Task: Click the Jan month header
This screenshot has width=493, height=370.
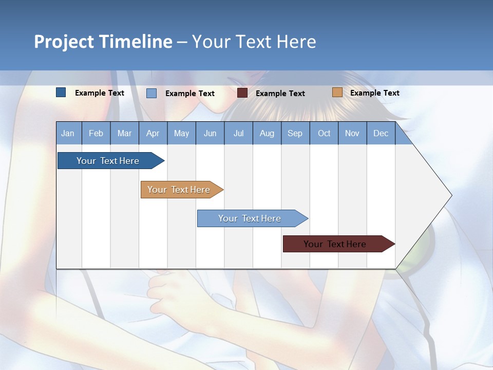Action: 68,134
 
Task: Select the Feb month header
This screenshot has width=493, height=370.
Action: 96,134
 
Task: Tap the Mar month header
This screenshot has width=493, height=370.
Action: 124,134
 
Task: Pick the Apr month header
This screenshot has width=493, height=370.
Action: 153,134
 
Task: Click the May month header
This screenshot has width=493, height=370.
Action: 181,134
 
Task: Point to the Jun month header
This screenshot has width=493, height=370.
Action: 210,134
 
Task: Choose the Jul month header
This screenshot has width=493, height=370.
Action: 238,134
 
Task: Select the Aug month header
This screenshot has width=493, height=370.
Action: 267,134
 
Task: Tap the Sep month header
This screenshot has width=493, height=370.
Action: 295,134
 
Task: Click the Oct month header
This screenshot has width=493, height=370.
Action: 324,134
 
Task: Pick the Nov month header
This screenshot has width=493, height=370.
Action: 352,134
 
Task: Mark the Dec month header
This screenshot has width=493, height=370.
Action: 381,134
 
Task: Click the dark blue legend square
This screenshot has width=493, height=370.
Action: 61,92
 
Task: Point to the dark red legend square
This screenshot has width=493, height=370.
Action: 242,93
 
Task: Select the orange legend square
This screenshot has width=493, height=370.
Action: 337,92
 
